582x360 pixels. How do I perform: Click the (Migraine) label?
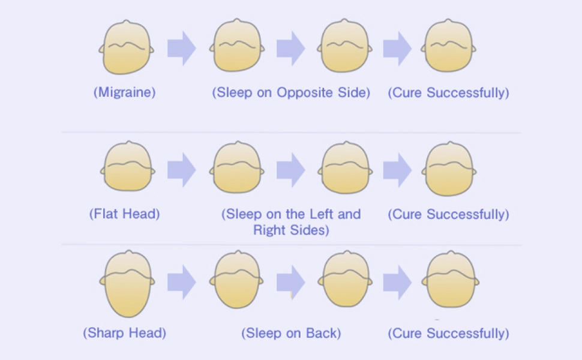[x=124, y=93]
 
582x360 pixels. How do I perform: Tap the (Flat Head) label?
[x=124, y=214]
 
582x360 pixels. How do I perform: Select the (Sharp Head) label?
[x=124, y=333]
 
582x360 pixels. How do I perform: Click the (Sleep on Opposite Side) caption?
[x=291, y=93]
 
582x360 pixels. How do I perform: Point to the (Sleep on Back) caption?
[x=291, y=333]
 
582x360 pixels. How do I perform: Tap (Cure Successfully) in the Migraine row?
[x=448, y=93]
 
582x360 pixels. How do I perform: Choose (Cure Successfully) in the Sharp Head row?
[x=448, y=333]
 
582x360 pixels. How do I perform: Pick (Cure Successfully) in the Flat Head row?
[x=448, y=214]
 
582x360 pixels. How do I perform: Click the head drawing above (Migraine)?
[x=126, y=48]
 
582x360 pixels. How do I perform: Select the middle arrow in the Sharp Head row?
[x=290, y=281]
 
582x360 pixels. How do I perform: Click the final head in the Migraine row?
[x=450, y=47]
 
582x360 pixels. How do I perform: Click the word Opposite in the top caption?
[x=300, y=93]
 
